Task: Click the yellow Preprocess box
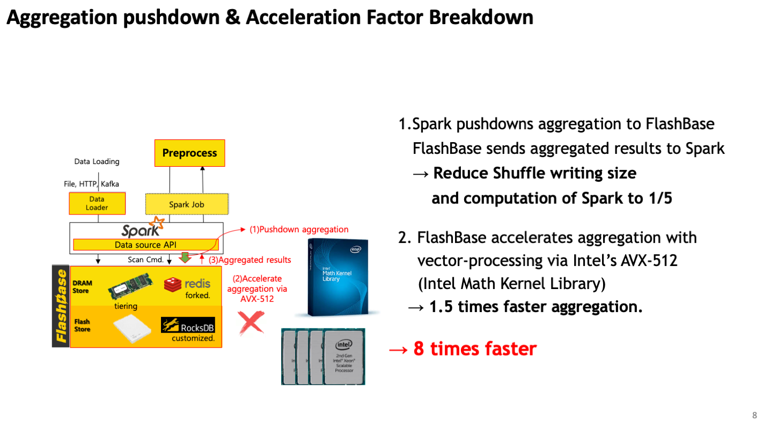[190, 153]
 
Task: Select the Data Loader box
[97, 203]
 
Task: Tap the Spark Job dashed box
[187, 204]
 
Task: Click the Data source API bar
[146, 245]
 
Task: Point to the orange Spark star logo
[158, 223]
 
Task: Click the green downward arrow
[185, 257]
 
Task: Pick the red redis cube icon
[173, 284]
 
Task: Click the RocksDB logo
[188, 325]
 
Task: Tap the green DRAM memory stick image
[130, 286]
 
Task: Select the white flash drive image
[132, 328]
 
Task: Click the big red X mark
[251, 322]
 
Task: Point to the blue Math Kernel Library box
[338, 277]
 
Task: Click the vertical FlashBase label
[61, 306]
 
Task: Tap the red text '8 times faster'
[475, 349]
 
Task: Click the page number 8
[754, 415]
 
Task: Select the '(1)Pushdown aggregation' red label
[299, 230]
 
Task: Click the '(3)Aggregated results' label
[250, 260]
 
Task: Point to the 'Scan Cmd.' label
[145, 260]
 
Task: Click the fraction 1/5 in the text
[660, 198]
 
